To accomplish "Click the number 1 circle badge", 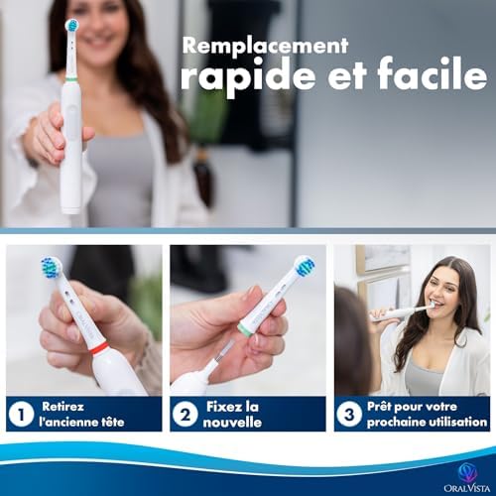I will point(20,414).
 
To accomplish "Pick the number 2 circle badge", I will point(185,414).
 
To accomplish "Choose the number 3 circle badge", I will point(348,414).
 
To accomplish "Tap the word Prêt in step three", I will point(382,406).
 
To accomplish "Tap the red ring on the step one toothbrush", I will point(99,348).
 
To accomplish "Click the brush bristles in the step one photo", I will point(51,268).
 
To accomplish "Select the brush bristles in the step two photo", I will point(306,266).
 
